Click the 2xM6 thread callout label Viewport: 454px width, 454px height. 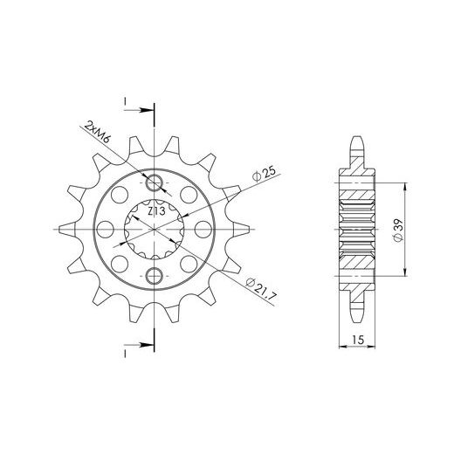pyautogui.click(x=97, y=132)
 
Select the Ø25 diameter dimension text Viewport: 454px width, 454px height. pyautogui.click(x=264, y=175)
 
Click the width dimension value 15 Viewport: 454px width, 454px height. pyautogui.click(x=358, y=340)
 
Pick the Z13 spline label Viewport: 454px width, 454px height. pyautogui.click(x=156, y=211)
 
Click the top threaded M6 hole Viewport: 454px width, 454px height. pyautogui.click(x=154, y=183)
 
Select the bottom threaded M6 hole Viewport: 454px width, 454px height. pyautogui.click(x=154, y=276)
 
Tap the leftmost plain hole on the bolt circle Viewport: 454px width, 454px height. pyautogui.click(x=105, y=230)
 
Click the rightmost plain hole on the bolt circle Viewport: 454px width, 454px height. pyautogui.click(x=203, y=230)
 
